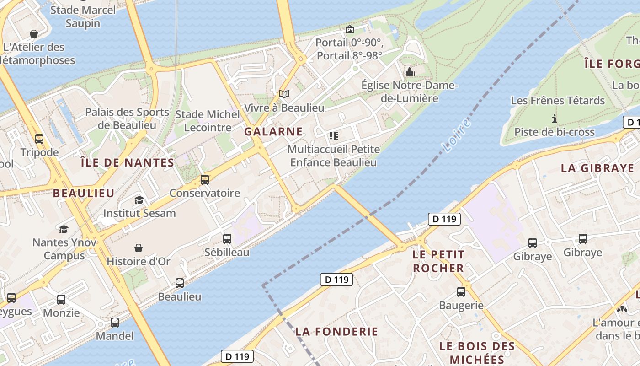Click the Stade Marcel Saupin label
coord(83,16)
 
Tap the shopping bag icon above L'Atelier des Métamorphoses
coord(33,34)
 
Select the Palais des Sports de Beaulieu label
coord(127,118)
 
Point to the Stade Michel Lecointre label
coord(208,121)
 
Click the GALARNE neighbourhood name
coord(273,132)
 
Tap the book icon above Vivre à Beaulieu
coord(284,94)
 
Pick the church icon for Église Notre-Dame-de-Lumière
coord(409,72)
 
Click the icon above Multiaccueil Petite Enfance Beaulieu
coord(333,135)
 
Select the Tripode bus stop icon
coord(39,139)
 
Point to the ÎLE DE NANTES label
coord(127,162)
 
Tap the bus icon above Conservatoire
coord(205,179)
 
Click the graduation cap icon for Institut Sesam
coord(139,200)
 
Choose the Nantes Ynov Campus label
coord(64,249)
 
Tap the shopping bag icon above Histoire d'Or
coord(139,248)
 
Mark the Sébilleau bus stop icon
coord(227,238)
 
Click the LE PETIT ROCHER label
coord(438,261)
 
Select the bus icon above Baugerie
coord(461,291)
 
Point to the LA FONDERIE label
coord(336,331)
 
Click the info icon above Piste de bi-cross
coord(555,118)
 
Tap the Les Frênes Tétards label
coord(558,100)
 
